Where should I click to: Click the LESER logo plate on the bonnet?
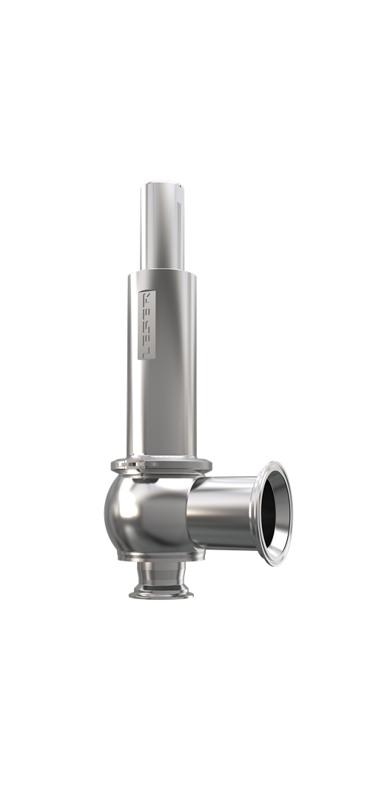tap(147, 324)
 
